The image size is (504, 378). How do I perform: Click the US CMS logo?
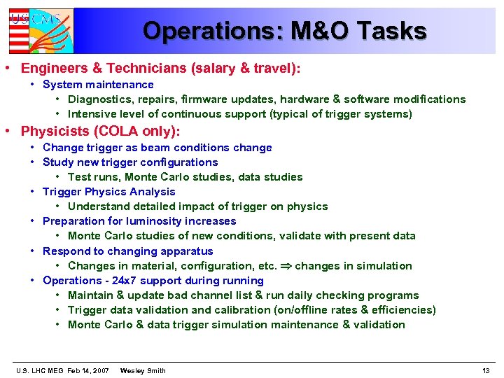(x=40, y=30)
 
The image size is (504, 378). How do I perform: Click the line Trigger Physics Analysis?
(x=108, y=192)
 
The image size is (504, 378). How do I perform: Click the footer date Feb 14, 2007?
(x=88, y=370)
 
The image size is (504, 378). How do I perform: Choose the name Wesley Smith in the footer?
(x=143, y=370)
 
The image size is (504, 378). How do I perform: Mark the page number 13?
(x=486, y=370)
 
